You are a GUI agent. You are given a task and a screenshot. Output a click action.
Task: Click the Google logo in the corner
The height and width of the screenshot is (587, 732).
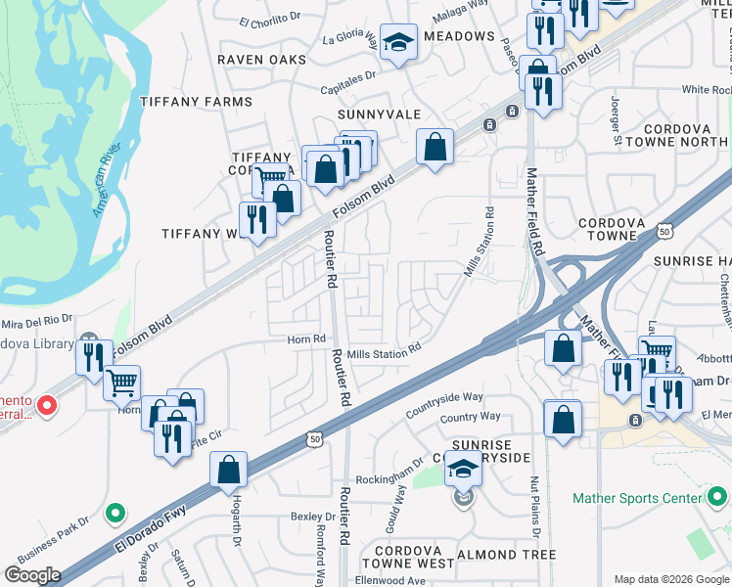tap(32, 575)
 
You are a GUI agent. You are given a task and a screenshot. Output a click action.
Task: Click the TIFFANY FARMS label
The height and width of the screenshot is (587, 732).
tap(196, 102)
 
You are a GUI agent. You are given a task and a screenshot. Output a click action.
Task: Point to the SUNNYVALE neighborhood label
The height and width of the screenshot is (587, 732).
tap(378, 114)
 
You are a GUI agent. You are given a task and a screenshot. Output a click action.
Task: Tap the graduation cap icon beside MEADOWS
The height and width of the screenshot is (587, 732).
tap(398, 42)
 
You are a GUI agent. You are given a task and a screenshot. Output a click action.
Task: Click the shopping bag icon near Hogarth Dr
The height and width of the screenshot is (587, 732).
tap(228, 469)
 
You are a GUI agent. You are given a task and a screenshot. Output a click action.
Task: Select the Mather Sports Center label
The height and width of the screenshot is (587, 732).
tap(640, 499)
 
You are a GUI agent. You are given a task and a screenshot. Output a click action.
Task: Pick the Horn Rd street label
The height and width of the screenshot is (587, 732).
tap(305, 339)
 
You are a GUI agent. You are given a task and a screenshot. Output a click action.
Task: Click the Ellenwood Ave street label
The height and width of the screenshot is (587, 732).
tap(389, 580)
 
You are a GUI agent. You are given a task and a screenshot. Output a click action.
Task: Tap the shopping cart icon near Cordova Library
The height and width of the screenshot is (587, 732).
tap(122, 384)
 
